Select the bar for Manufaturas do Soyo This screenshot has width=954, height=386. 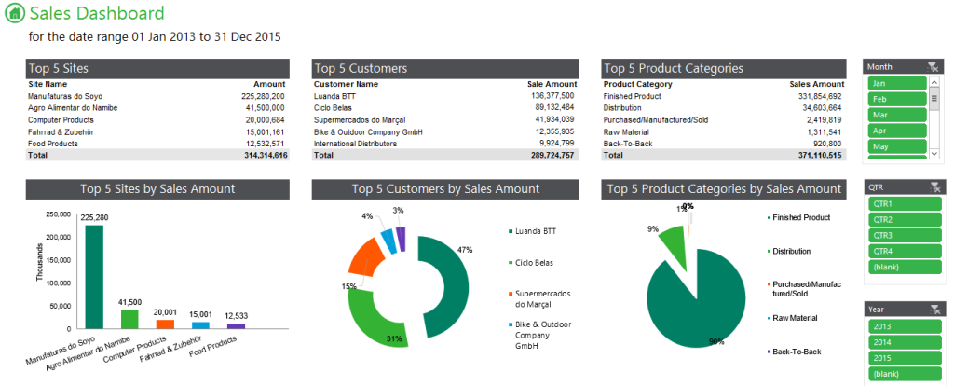click(x=94, y=275)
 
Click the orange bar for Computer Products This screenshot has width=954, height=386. click(x=165, y=324)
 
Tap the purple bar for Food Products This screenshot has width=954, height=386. click(x=237, y=325)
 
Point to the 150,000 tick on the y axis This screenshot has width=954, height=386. click(x=58, y=260)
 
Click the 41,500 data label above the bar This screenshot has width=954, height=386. click(x=129, y=302)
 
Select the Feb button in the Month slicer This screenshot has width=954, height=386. click(x=896, y=99)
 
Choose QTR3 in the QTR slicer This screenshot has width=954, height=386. click(x=896, y=235)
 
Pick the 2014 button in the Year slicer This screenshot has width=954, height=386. click(x=896, y=341)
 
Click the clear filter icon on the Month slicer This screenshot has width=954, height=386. click(x=934, y=66)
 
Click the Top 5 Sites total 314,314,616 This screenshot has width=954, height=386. click(x=263, y=155)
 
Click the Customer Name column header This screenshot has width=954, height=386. click(x=346, y=84)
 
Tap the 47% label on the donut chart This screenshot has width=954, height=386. click(x=465, y=250)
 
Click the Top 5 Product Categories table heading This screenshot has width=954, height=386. click(x=673, y=68)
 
